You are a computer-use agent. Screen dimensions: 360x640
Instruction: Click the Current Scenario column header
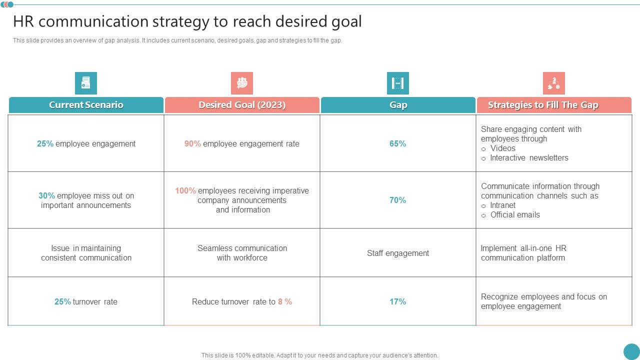[x=86, y=105]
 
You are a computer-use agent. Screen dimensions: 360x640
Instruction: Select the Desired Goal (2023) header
[x=242, y=105]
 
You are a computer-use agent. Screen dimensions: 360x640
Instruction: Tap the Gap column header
[x=398, y=105]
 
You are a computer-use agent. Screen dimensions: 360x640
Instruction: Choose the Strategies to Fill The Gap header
[x=543, y=105]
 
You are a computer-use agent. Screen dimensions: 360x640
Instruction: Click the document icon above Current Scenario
[x=86, y=83]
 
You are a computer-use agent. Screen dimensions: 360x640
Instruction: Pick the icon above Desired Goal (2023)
[x=242, y=83]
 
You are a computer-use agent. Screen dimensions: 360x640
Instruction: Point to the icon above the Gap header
[x=398, y=83]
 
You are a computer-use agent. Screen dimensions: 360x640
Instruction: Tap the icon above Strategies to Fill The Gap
[x=554, y=83]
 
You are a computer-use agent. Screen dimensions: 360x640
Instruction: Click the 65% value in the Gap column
[x=398, y=144]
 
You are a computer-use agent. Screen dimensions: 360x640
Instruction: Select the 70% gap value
[x=398, y=200]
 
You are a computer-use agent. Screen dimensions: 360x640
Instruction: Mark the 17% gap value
[x=398, y=302]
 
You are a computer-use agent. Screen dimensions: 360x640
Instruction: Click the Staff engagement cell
[x=398, y=253]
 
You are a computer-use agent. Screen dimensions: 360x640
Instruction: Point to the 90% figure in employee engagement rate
[x=192, y=144]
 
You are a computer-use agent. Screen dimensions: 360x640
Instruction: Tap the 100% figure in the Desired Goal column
[x=185, y=191]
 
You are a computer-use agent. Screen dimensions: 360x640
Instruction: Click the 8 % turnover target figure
[x=285, y=302]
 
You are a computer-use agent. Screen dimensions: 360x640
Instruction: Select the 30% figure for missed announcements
[x=46, y=196]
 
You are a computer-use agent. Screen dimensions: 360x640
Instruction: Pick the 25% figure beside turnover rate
[x=62, y=302]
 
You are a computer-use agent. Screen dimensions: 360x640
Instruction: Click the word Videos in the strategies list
[x=503, y=148]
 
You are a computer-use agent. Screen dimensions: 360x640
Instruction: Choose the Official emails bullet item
[x=515, y=215]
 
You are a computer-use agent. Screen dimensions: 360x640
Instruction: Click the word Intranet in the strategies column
[x=503, y=205]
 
